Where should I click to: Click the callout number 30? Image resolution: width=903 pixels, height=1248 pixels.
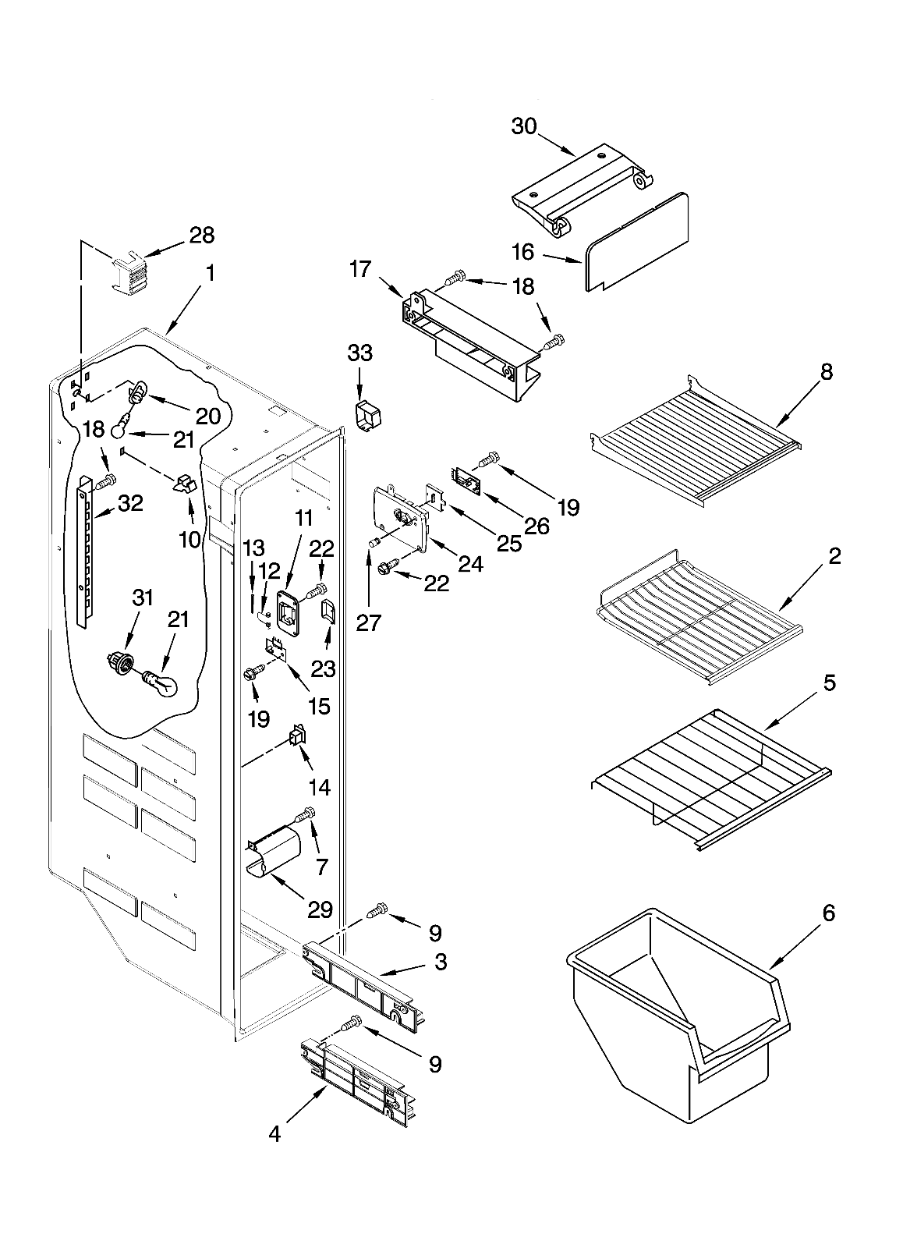(x=524, y=126)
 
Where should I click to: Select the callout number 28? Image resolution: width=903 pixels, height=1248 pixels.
(x=202, y=236)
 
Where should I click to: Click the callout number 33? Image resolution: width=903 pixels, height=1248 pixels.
(x=359, y=353)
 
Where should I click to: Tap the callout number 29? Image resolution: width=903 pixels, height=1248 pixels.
(x=320, y=909)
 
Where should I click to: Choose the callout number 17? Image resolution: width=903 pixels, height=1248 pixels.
(x=359, y=270)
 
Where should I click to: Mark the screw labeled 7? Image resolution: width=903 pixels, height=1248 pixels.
(x=305, y=816)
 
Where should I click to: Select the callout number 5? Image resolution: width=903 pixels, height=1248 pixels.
(x=829, y=683)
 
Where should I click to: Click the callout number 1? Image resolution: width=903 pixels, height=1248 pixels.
(x=209, y=274)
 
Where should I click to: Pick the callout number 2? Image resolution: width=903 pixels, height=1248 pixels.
(x=834, y=556)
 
